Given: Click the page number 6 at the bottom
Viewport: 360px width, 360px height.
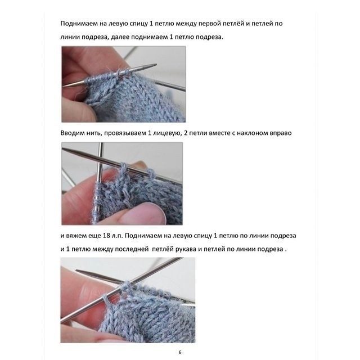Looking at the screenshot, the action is [180, 352].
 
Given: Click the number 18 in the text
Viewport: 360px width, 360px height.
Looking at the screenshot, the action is [107, 236].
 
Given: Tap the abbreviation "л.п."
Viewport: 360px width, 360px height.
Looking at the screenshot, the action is [118, 236].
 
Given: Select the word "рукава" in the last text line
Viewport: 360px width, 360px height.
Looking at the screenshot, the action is [186, 249].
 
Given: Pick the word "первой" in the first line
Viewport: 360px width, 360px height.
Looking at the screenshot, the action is [211, 24].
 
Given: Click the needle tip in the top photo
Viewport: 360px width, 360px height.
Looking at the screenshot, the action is [156, 65].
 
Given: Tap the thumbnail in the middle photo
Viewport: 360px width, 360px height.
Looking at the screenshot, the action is [143, 213].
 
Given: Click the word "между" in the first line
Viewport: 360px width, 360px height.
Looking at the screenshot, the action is [186, 24].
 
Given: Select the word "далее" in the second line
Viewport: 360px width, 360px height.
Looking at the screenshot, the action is [120, 37].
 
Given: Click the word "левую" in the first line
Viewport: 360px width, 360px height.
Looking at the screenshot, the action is [117, 24].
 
